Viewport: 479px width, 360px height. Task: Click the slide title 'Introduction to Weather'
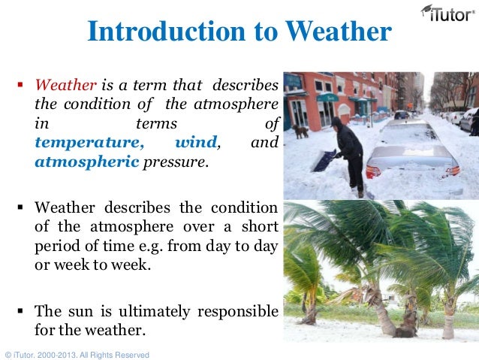click(239, 32)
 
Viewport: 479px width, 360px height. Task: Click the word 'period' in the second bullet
click(56, 245)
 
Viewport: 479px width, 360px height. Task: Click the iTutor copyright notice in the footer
click(77, 354)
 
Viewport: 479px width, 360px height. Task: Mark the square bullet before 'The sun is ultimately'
click(21, 310)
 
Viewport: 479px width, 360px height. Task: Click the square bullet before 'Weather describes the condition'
click(21, 207)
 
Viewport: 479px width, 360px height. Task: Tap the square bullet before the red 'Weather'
click(21, 85)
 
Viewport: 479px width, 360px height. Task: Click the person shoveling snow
click(350, 147)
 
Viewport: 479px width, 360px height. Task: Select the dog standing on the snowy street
click(301, 132)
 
